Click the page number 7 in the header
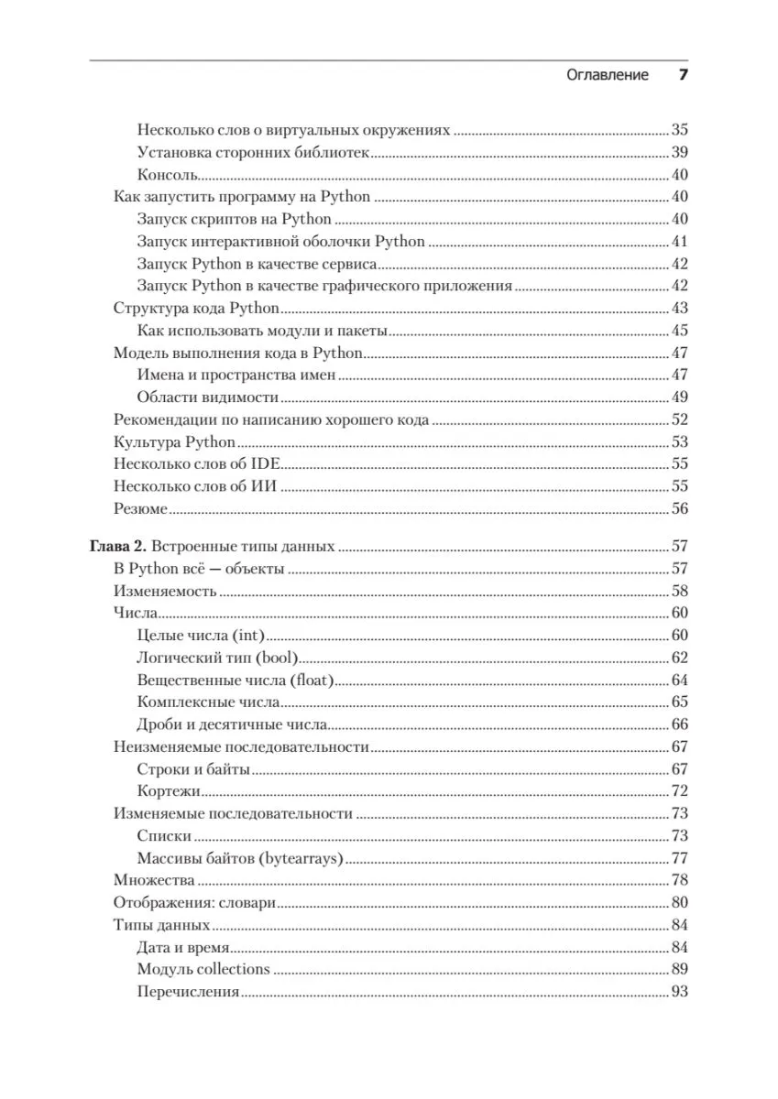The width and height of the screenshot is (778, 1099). coord(682,76)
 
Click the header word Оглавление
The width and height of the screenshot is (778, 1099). coord(608,76)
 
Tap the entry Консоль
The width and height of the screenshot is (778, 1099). coord(169,175)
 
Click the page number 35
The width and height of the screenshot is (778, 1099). coord(679,130)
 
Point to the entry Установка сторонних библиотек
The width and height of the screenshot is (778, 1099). coord(253,153)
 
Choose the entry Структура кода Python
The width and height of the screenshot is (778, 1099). coord(196,309)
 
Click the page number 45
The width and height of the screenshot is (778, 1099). coord(679,331)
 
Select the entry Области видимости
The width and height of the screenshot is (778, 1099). coord(207,397)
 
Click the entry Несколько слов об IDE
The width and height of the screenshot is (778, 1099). coord(196,464)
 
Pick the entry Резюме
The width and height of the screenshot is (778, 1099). coord(140,509)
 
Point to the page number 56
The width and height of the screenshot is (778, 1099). coord(679,509)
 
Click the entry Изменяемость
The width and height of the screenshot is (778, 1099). coord(165,592)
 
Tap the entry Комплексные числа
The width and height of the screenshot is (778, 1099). coord(208,702)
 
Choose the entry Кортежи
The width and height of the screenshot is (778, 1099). coord(170,791)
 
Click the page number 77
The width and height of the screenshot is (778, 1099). coord(679,858)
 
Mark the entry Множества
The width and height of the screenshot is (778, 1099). coord(154,880)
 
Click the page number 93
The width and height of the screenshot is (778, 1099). coord(679,992)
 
